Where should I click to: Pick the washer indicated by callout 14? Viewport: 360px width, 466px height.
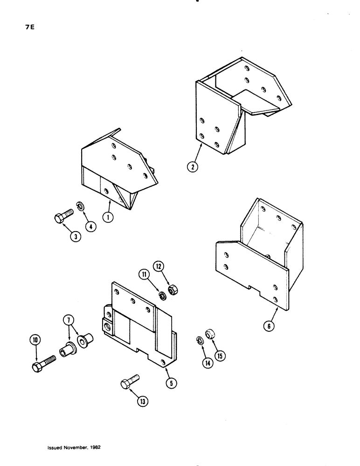(199, 340)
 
